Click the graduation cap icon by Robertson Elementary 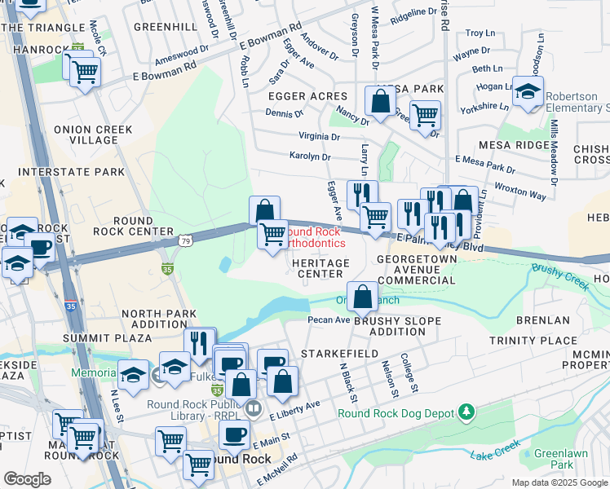coord(528,91)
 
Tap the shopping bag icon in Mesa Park coord(381,102)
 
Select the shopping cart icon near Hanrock coord(85,73)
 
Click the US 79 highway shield coord(185,241)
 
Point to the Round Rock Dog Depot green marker coord(466,413)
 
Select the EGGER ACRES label coord(307,96)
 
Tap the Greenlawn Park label coord(555,459)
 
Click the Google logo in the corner coord(27,479)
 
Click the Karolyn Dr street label coord(310,156)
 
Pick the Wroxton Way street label coord(524,196)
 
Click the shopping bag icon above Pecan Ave coord(363,295)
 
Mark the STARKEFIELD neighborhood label coord(339,354)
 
